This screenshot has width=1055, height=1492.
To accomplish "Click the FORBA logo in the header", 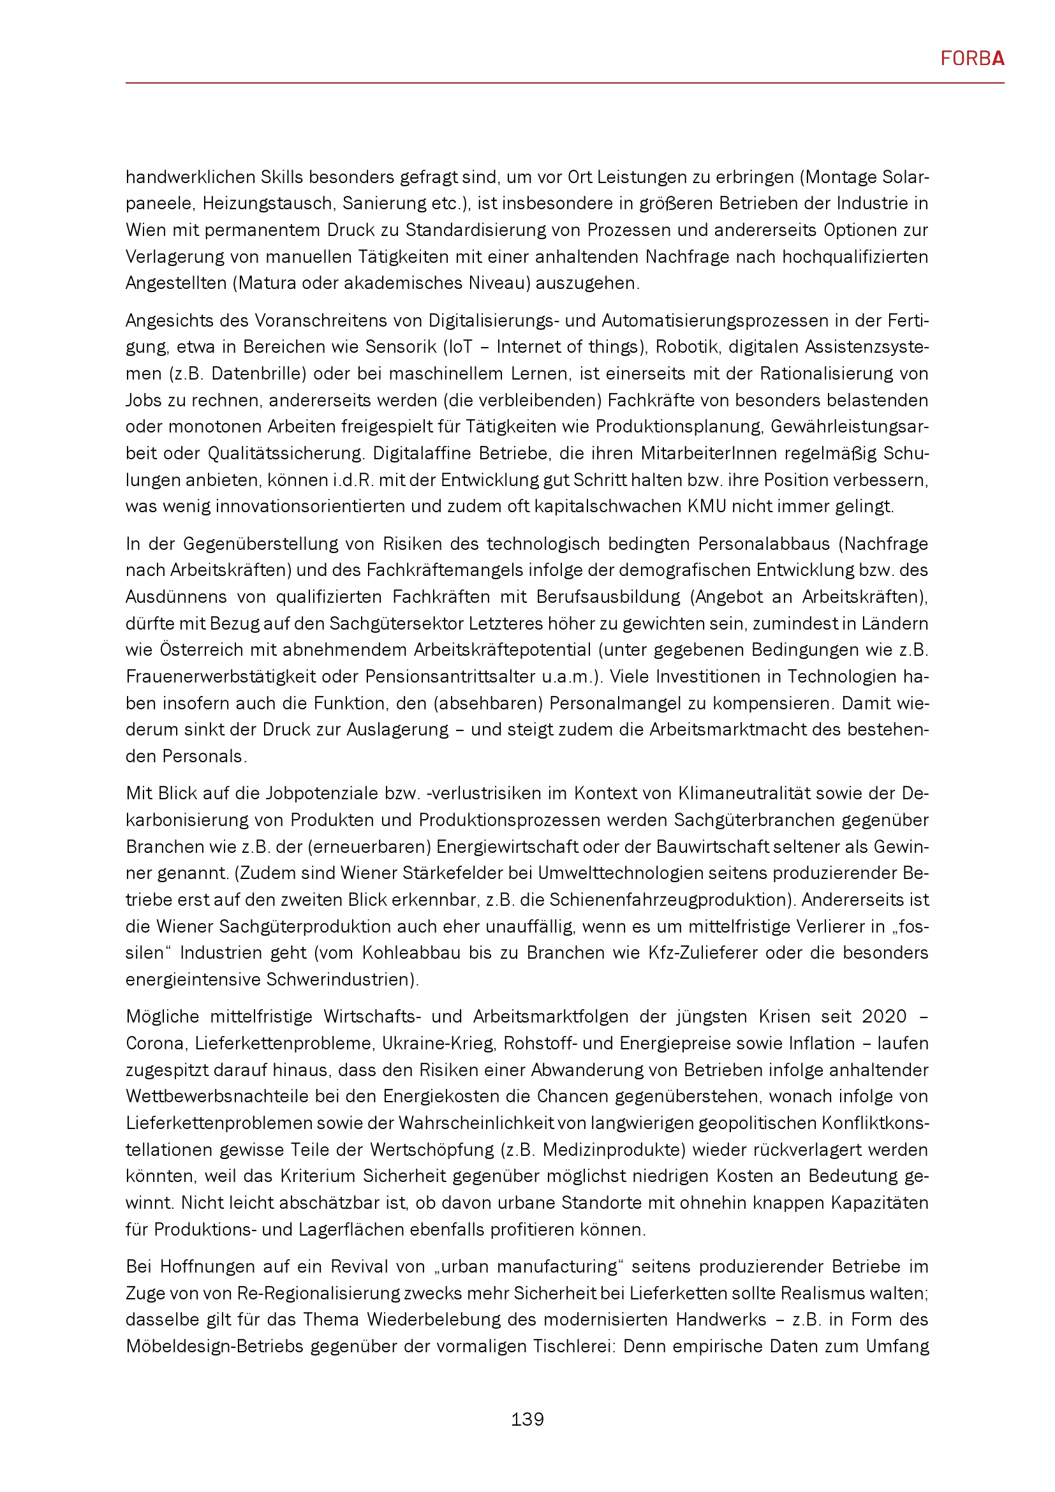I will click(972, 59).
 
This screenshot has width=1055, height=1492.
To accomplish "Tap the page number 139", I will click(527, 1419).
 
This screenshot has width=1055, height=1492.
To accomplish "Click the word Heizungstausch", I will click(268, 203).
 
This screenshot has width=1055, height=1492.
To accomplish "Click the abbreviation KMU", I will click(707, 507).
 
